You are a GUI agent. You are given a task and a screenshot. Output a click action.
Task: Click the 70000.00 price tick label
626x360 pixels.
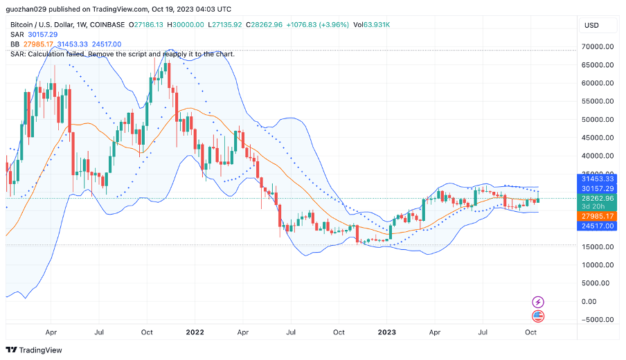tap(599, 47)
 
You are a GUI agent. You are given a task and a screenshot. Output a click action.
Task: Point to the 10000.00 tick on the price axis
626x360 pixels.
tap(599, 265)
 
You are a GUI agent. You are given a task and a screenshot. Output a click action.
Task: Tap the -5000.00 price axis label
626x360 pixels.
tap(599, 320)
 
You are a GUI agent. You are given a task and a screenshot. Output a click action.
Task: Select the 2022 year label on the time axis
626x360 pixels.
tap(195, 332)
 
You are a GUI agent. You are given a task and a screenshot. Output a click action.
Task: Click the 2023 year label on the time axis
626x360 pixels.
tap(386, 332)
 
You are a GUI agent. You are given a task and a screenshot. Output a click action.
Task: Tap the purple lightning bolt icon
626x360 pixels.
tap(538, 302)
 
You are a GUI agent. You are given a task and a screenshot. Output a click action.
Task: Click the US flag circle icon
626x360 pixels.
tap(538, 316)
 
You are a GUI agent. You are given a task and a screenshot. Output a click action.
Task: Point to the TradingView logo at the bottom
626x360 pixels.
tap(35, 350)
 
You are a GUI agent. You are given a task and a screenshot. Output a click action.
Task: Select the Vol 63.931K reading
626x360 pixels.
tap(371, 24)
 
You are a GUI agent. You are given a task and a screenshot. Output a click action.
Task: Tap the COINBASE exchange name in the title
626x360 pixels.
tap(108, 24)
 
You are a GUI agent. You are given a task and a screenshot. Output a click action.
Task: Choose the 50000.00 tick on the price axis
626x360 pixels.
tap(599, 120)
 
